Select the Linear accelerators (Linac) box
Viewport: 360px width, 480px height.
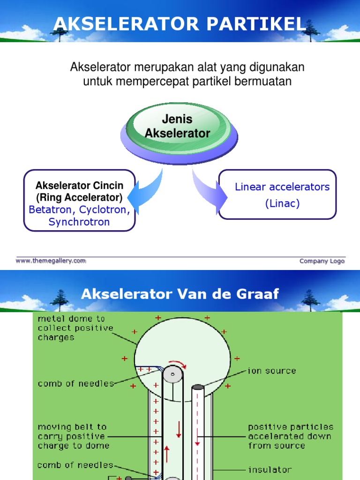[x=277, y=195]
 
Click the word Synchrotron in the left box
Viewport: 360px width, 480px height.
[x=79, y=222]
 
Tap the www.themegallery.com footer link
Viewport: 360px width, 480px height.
[x=51, y=261]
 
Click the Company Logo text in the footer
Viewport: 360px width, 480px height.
[x=322, y=261]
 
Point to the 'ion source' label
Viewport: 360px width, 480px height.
[x=272, y=371]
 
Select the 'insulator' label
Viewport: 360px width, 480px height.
[x=270, y=469]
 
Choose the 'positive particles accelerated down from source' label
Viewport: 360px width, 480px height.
[x=291, y=436]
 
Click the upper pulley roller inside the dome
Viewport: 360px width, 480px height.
[x=173, y=375]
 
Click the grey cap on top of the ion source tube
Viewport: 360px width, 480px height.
[x=197, y=387]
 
